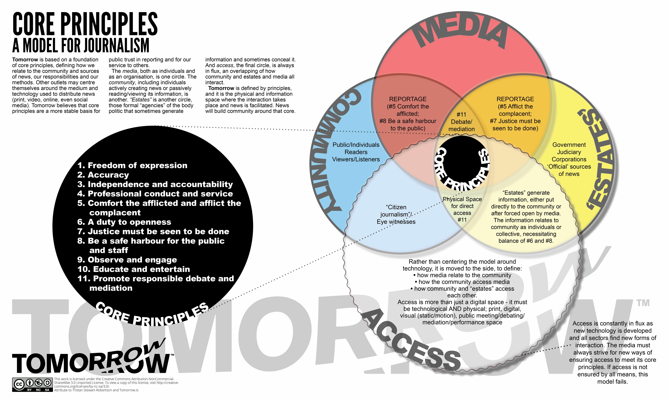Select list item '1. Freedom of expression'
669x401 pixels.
(132, 165)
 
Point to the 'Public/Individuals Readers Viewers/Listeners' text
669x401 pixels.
(356, 152)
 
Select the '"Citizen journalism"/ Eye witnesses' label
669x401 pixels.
(396, 214)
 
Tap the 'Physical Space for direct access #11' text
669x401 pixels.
(462, 209)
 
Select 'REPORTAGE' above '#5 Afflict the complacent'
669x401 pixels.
(515, 99)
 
